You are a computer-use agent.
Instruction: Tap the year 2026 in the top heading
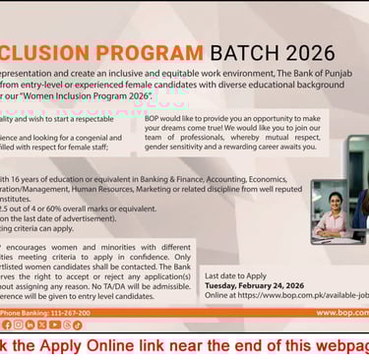(302, 51)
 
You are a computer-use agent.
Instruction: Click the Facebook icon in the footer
(7, 325)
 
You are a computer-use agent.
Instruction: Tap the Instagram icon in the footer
(19, 325)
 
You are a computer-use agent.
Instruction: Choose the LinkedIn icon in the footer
(31, 325)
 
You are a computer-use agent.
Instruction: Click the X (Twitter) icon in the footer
(42, 325)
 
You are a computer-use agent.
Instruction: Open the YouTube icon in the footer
(54, 325)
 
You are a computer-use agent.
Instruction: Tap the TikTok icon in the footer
(77, 325)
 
